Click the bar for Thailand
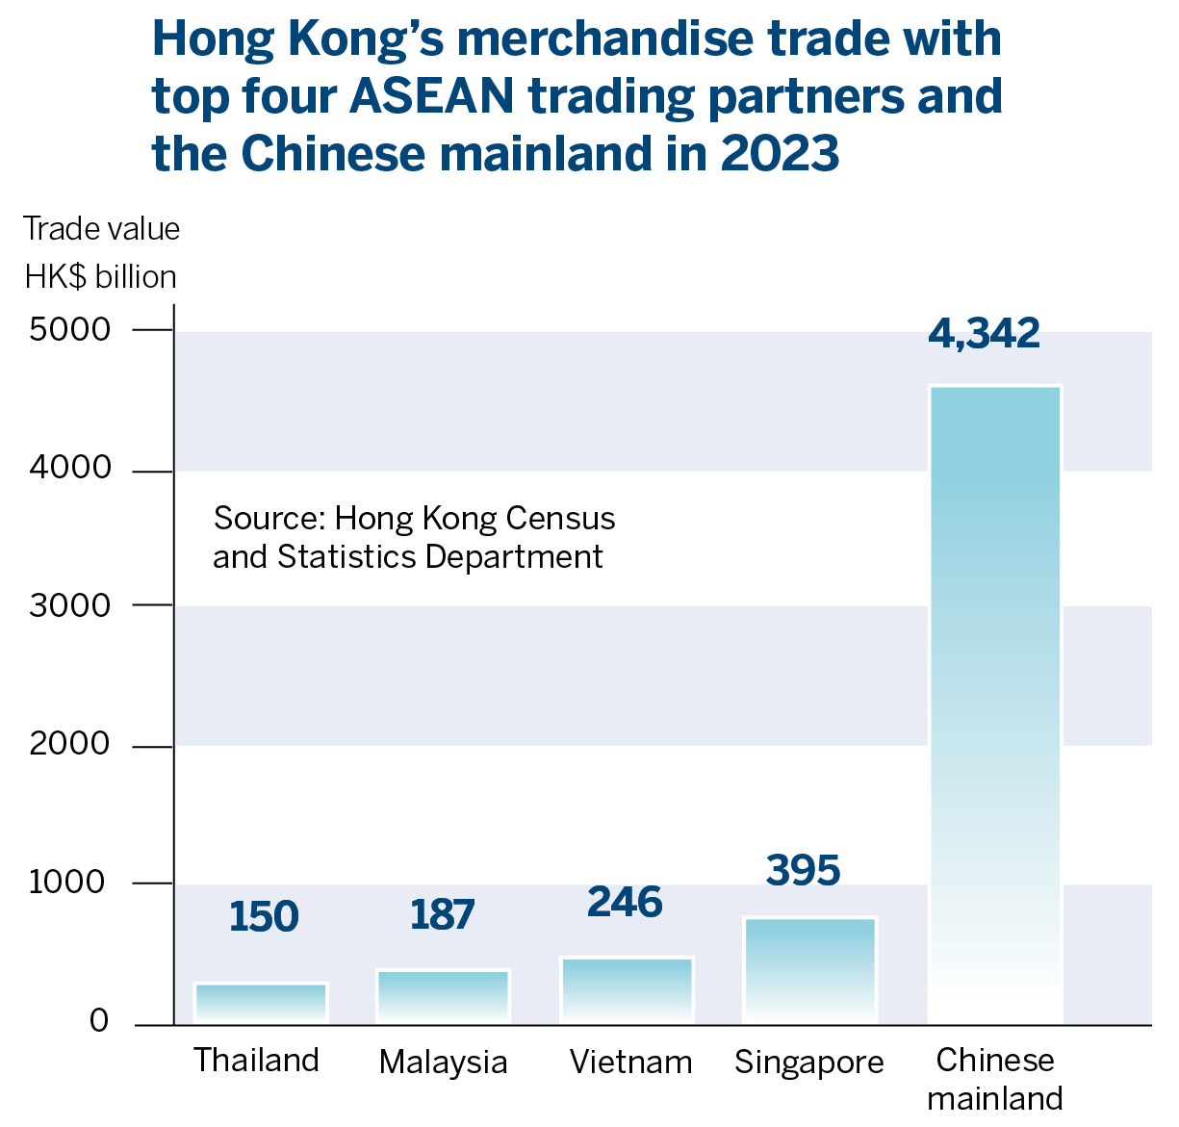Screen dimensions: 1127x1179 pos(261,1002)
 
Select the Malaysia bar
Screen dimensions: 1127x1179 pos(443,995)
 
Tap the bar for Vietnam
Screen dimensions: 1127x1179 pos(627,989)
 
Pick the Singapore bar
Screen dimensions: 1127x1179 pos(809,969)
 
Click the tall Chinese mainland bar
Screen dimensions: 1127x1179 pos(994,703)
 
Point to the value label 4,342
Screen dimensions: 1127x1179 pos(984,333)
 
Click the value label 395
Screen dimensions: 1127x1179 pos(803,870)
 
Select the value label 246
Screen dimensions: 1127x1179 pos(625,903)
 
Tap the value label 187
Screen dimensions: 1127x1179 pos(442,915)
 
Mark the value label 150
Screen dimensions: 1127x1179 pos(264,917)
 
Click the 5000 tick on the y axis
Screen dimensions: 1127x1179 pos(70,330)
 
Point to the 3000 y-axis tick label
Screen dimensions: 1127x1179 pos(70,606)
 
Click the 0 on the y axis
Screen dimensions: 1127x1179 pos(99,1021)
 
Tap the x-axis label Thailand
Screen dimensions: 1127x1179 pos(256,1060)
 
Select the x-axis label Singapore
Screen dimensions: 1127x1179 pos(808,1063)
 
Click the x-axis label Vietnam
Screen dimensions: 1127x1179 pos(630,1062)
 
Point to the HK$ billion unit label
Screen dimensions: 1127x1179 pos(101,277)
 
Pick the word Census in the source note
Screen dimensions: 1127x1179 pos(560,519)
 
